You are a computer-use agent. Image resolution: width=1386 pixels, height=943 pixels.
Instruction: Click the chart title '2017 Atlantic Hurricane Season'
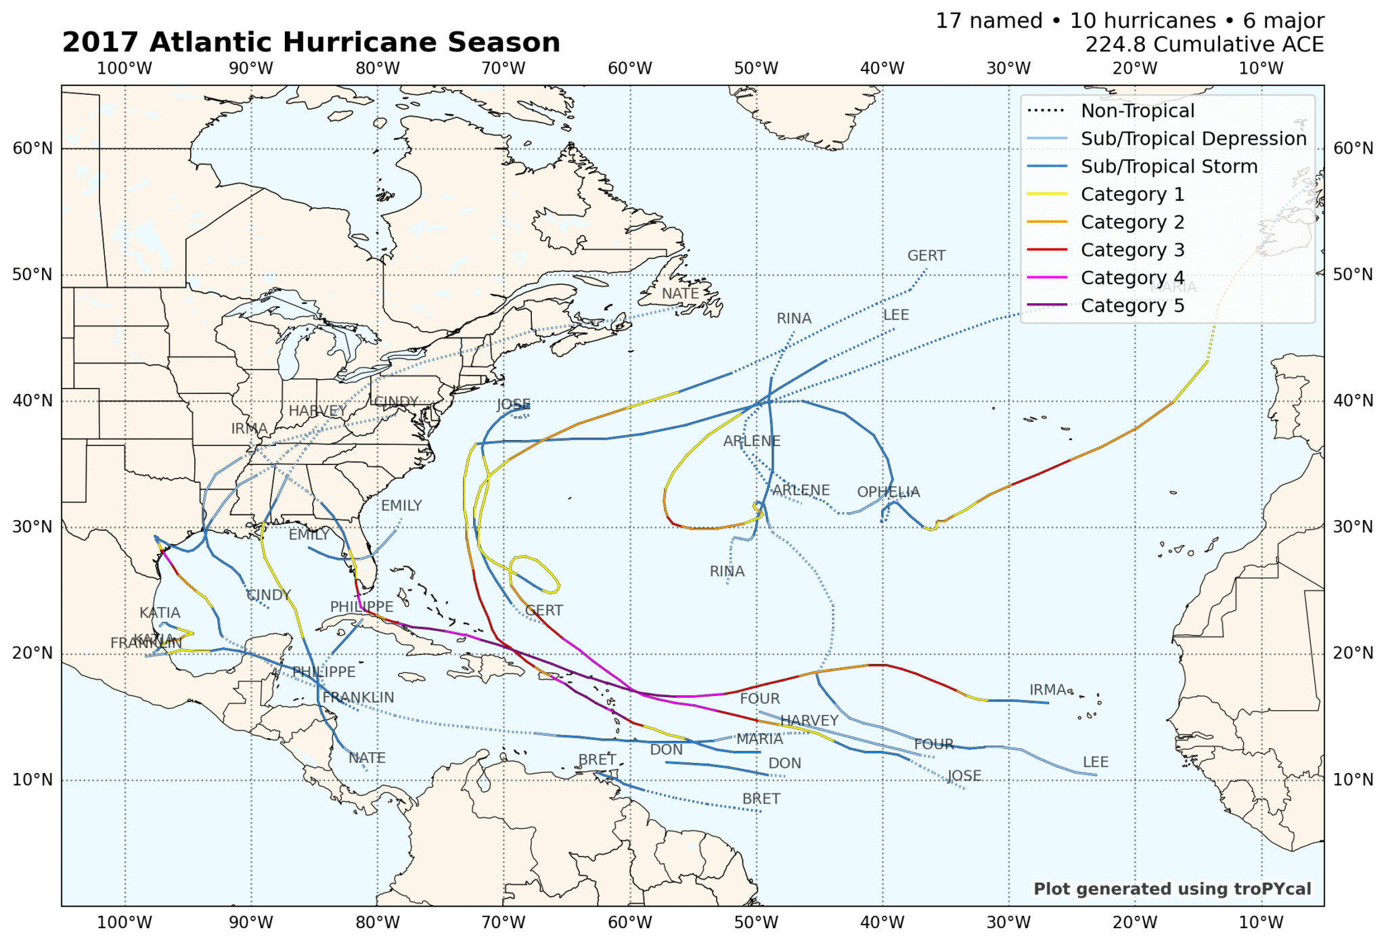[x=311, y=43]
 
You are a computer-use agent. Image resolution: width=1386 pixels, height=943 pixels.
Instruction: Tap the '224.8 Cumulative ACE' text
[x=1204, y=45]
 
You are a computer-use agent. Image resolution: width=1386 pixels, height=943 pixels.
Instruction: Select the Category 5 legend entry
[x=1132, y=306]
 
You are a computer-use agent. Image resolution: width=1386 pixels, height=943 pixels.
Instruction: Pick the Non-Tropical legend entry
[x=1137, y=111]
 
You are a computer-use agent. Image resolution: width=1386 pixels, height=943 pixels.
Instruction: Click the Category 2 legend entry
[x=1132, y=223]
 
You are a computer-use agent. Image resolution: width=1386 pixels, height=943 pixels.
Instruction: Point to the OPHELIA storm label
[x=888, y=492]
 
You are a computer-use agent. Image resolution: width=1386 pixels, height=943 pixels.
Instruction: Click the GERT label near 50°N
[x=926, y=256]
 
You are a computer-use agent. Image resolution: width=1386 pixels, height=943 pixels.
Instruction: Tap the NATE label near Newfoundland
[x=679, y=294]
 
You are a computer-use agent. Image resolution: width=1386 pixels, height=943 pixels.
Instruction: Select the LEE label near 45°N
[x=895, y=315]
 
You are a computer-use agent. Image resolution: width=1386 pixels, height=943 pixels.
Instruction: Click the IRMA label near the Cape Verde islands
[x=1047, y=690]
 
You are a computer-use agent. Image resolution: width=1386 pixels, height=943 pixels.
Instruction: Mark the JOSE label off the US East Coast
[x=513, y=405]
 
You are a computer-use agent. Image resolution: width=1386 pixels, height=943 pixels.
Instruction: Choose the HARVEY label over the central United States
[x=317, y=411]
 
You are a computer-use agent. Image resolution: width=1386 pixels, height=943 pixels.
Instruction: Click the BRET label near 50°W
[x=761, y=799]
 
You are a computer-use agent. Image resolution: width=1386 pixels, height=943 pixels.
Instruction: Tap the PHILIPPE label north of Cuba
[x=361, y=607]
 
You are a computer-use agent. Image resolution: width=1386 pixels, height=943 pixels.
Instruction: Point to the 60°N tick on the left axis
[x=32, y=149]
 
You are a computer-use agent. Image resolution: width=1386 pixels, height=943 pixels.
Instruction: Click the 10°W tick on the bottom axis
[x=1261, y=923]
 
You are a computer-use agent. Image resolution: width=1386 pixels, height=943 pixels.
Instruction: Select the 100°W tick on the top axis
[x=125, y=68]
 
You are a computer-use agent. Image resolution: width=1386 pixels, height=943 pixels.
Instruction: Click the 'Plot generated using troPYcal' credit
[x=1171, y=889]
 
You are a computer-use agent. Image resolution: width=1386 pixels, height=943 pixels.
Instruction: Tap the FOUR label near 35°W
[x=933, y=745]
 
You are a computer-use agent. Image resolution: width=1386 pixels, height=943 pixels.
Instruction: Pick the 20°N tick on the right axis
[x=1353, y=653]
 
